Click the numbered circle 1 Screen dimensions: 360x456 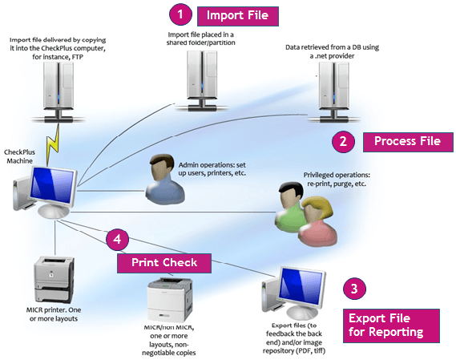point(181,14)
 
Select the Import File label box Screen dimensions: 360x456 point(238,15)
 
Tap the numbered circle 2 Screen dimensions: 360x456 point(343,141)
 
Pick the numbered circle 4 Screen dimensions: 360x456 point(117,238)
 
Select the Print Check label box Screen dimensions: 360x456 point(164,262)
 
